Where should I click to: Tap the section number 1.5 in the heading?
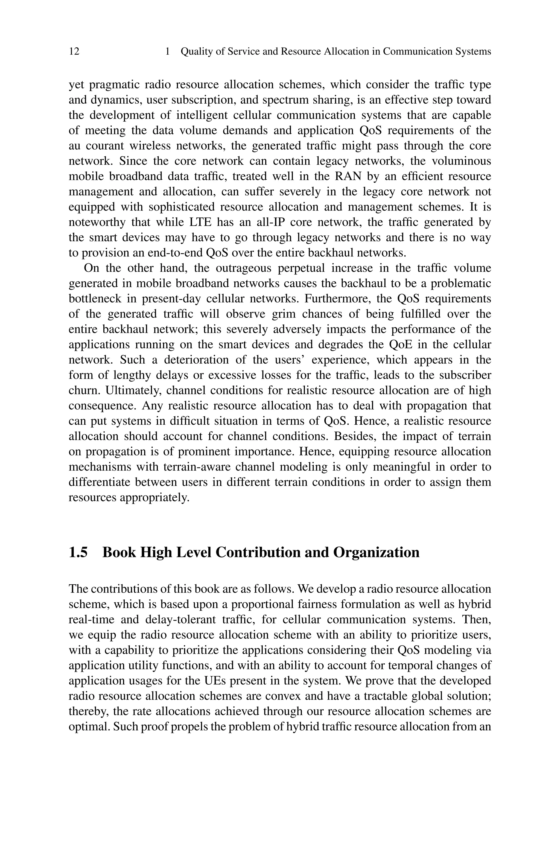point(78,552)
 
